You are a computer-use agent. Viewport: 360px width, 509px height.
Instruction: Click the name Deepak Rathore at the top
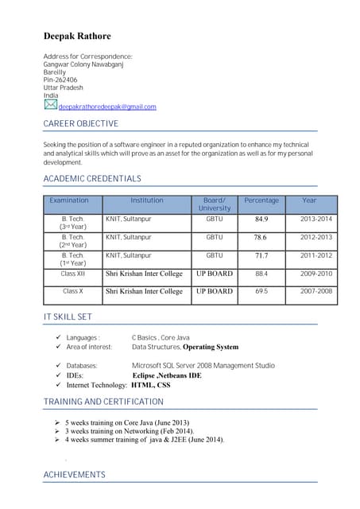[x=77, y=36]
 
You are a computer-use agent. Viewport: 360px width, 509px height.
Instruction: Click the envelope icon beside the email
[x=50, y=104]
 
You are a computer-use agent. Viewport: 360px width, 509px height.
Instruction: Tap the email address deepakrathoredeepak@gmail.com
[x=107, y=107]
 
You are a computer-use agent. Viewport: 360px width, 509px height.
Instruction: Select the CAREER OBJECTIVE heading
[x=80, y=124]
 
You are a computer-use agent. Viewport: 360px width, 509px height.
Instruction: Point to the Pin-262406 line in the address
[x=60, y=80]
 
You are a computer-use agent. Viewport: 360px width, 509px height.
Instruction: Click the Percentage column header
[x=261, y=200]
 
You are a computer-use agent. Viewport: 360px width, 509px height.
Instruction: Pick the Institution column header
[x=147, y=200]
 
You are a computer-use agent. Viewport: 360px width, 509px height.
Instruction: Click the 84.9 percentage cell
[x=261, y=219]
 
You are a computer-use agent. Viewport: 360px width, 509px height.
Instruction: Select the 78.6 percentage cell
[x=261, y=237]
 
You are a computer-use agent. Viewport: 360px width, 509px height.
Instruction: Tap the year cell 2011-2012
[x=315, y=255]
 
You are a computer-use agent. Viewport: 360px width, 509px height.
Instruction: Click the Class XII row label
[x=73, y=274]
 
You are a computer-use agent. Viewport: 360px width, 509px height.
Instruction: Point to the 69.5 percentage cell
[x=261, y=292]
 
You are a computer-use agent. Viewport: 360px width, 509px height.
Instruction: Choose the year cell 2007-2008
[x=315, y=292]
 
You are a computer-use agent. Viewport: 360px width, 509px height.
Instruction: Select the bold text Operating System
[x=211, y=347]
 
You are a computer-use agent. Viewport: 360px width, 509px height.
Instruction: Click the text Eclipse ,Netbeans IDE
[x=167, y=375]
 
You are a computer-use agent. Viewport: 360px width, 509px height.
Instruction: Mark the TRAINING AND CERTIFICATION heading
[x=103, y=402]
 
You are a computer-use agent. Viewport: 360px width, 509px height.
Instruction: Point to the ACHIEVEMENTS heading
[x=74, y=475]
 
